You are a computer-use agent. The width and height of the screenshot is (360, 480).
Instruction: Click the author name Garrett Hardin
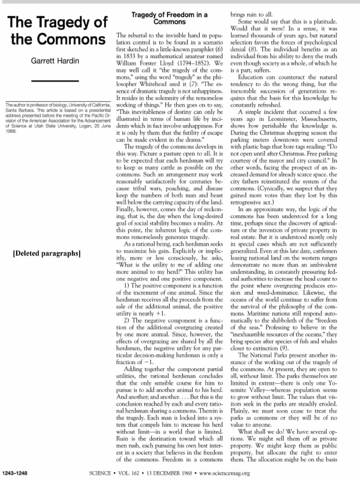click(55, 61)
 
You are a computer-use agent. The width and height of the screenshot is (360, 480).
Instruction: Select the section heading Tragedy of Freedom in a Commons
click(169, 18)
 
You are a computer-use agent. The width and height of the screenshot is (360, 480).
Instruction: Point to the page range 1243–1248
click(15, 473)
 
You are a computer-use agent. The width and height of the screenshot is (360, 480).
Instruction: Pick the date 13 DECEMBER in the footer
click(160, 473)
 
